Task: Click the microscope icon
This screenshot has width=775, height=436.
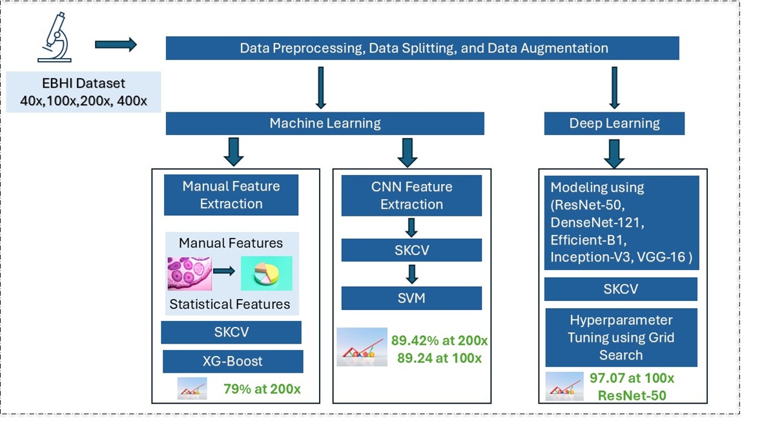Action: pyautogui.click(x=55, y=41)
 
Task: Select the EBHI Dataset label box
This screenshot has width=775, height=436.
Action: pyautogui.click(x=83, y=92)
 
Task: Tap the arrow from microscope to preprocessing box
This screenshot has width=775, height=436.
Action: pyautogui.click(x=116, y=45)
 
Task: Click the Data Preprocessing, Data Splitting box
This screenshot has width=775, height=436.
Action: pyautogui.click(x=422, y=48)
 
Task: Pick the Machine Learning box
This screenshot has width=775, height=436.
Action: pyautogui.click(x=325, y=123)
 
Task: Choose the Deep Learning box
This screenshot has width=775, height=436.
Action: pyautogui.click(x=614, y=123)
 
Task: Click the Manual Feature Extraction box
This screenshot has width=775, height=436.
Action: pyautogui.click(x=231, y=195)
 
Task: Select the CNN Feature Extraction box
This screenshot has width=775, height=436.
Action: pyautogui.click(x=411, y=196)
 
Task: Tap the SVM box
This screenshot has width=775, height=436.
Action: pyautogui.click(x=411, y=298)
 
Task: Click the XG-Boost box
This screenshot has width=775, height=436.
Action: pyautogui.click(x=232, y=362)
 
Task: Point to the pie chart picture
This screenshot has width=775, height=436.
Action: pyautogui.click(x=266, y=273)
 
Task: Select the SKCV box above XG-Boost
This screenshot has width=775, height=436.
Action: pyautogui.click(x=231, y=332)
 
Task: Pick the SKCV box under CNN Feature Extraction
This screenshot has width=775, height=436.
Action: pyautogui.click(x=411, y=250)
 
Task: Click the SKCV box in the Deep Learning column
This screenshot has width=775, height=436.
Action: pyautogui.click(x=621, y=289)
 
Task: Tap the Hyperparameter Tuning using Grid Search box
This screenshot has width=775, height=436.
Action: pyautogui.click(x=621, y=337)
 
